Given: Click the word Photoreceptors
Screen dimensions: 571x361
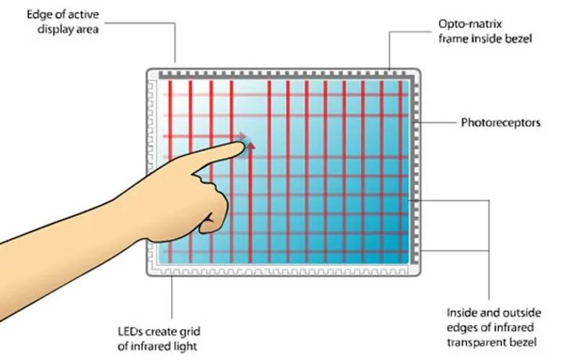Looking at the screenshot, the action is (x=500, y=123).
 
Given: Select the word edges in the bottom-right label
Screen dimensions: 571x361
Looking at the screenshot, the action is (x=461, y=326).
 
